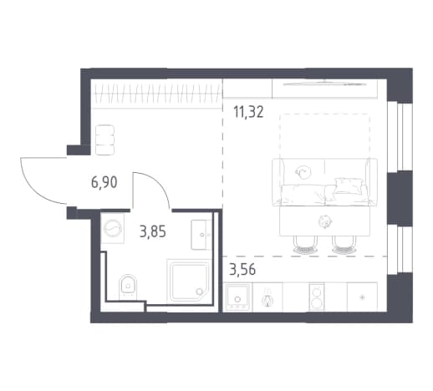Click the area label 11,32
click(x=248, y=113)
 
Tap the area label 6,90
click(x=104, y=183)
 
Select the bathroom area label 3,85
click(x=153, y=231)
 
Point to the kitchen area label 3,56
click(x=242, y=270)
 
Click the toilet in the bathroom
click(x=128, y=287)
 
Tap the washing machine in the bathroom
click(x=113, y=228)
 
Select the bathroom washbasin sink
click(x=201, y=235)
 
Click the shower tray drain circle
click(x=200, y=292)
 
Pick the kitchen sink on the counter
click(x=237, y=297)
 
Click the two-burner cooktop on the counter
click(x=317, y=297)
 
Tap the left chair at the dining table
click(x=305, y=246)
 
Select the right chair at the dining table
click(x=344, y=246)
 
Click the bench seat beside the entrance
click(x=104, y=140)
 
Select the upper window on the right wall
click(x=400, y=137)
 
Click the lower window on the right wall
click(x=400, y=250)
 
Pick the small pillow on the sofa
click(x=349, y=185)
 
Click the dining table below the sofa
click(x=325, y=221)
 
